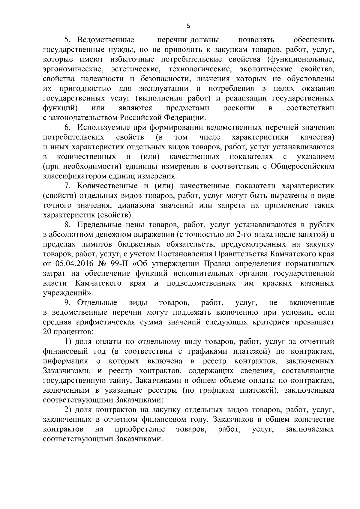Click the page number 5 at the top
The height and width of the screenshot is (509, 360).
coord(188,26)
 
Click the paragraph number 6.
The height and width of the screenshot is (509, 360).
coord(67,127)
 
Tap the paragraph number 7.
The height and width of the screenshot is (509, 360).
coord(67,186)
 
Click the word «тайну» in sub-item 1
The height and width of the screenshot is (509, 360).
coord(122,381)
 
